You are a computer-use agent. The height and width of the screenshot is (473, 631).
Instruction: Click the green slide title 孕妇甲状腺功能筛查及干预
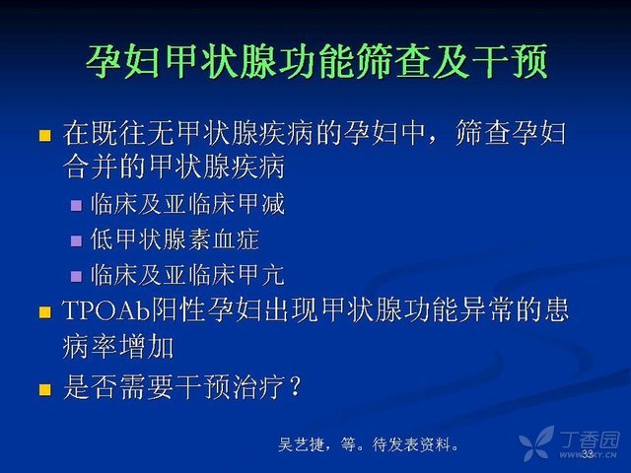click(316, 62)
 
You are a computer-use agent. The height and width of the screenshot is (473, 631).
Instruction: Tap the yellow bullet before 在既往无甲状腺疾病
click(45, 135)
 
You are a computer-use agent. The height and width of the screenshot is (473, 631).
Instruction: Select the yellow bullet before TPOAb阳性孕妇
click(45, 312)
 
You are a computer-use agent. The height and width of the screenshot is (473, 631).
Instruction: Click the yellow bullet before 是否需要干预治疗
click(45, 389)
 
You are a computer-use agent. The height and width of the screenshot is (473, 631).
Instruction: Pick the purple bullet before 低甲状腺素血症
click(76, 240)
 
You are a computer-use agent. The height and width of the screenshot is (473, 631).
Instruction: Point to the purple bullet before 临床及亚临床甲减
click(76, 206)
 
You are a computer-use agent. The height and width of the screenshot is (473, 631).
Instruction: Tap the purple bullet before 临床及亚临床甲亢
click(76, 276)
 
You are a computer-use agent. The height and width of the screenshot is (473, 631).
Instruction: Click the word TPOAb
click(105, 310)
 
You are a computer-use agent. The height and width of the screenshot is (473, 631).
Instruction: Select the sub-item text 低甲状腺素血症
click(175, 239)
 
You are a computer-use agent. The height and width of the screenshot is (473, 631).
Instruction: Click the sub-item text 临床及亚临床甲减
click(187, 204)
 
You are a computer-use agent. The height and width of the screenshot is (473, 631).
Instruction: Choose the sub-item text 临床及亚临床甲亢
click(187, 275)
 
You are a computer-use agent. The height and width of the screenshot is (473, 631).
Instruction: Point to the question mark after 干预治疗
click(295, 386)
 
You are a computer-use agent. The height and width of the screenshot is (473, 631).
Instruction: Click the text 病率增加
click(118, 347)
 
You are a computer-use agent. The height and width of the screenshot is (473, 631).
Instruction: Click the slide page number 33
click(588, 454)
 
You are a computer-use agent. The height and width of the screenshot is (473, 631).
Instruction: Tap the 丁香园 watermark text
click(590, 440)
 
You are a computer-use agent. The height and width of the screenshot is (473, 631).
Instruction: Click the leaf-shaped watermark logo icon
click(536, 442)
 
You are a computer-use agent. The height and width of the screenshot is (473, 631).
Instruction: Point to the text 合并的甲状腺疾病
click(174, 167)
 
